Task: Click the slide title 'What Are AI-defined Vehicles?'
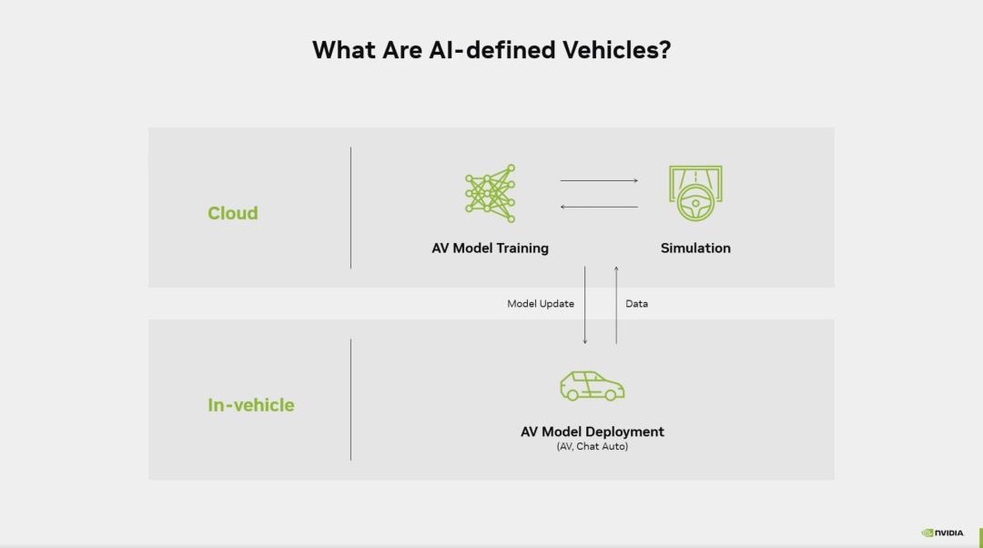point(491,49)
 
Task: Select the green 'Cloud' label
point(233,213)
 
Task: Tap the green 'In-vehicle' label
point(251,405)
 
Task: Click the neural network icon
point(491,194)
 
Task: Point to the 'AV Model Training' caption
point(491,249)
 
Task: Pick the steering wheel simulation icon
point(695,193)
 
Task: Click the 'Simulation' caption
point(695,249)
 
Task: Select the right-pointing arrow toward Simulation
point(599,180)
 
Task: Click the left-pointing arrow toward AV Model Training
point(599,207)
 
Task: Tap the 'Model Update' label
point(541,303)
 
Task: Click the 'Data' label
point(636,303)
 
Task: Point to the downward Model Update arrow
point(585,305)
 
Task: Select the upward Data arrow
point(616,305)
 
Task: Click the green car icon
point(593,386)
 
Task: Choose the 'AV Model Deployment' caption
point(593,431)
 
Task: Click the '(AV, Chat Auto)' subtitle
point(593,446)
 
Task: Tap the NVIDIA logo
point(942,533)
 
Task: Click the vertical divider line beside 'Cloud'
point(351,208)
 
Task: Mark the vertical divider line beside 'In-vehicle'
point(351,400)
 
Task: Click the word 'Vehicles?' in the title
point(616,49)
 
